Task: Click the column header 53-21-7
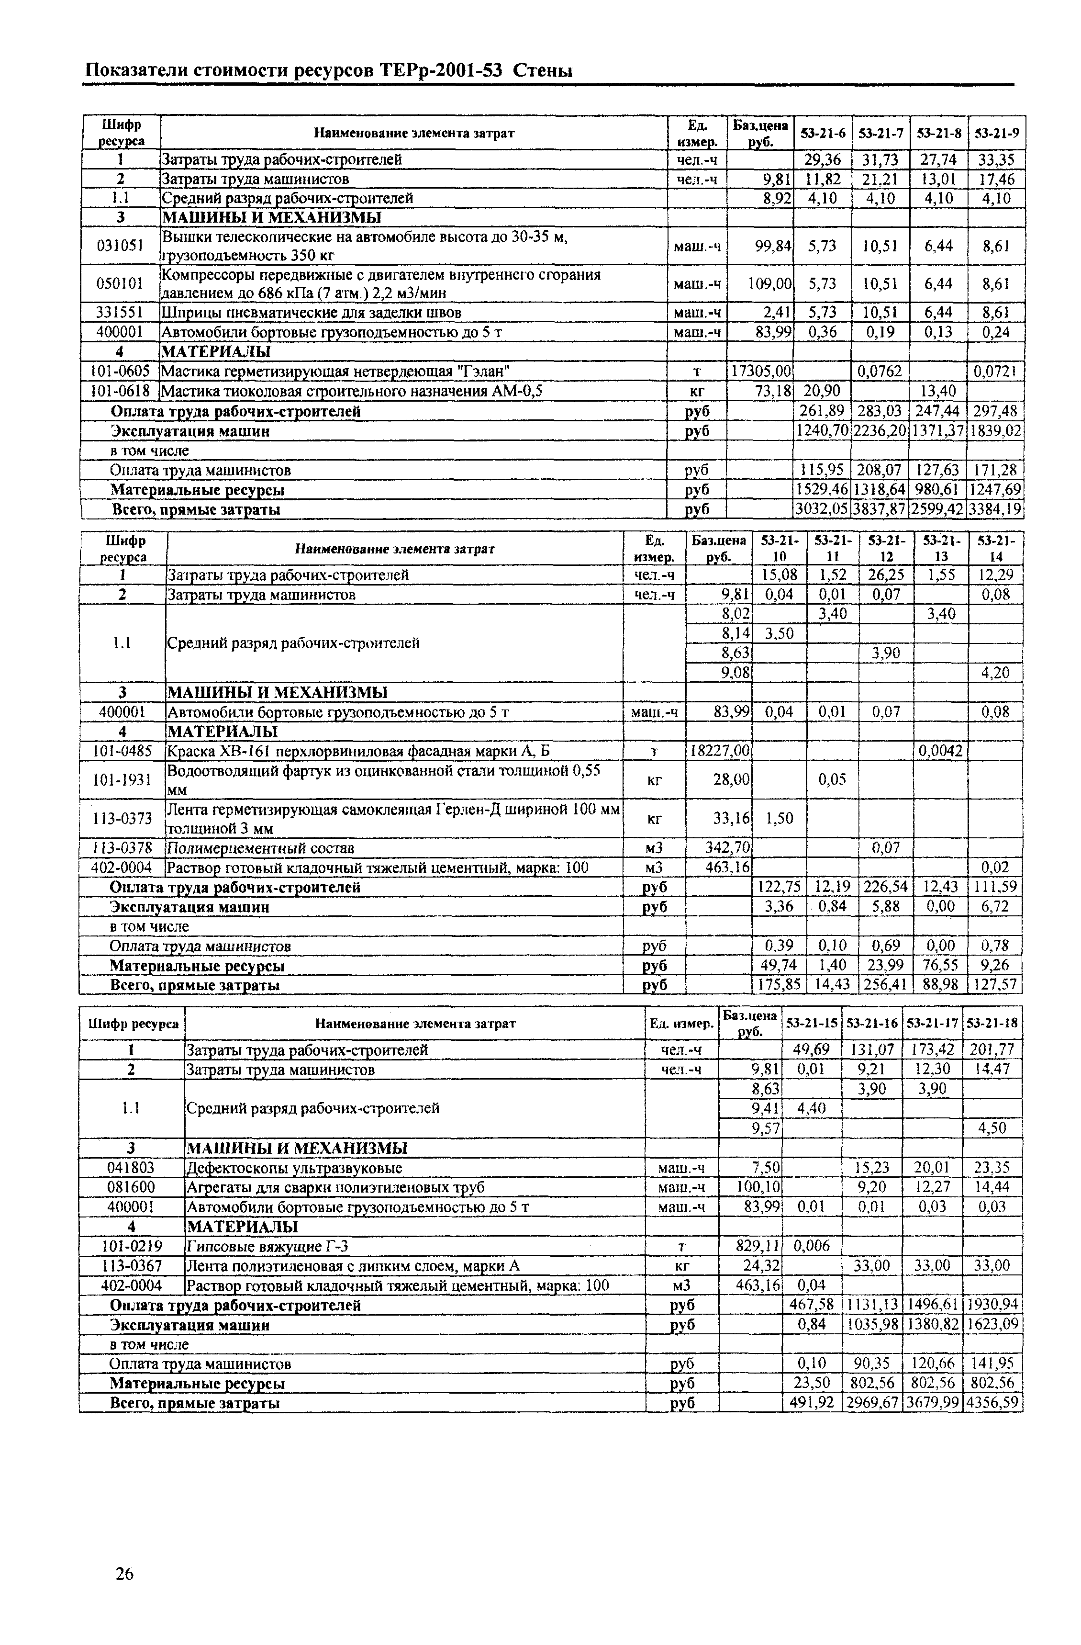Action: (x=880, y=133)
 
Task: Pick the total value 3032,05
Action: (x=821, y=510)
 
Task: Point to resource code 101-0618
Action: (x=120, y=391)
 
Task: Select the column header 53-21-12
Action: (x=886, y=548)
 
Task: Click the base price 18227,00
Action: (x=718, y=751)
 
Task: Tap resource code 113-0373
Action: (x=122, y=818)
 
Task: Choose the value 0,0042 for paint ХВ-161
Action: (x=940, y=751)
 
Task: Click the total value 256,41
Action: (x=886, y=984)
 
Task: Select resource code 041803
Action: (x=131, y=1168)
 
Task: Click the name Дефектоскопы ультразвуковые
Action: (x=295, y=1168)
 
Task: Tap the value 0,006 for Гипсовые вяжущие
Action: (x=810, y=1246)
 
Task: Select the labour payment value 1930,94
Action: (x=992, y=1305)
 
